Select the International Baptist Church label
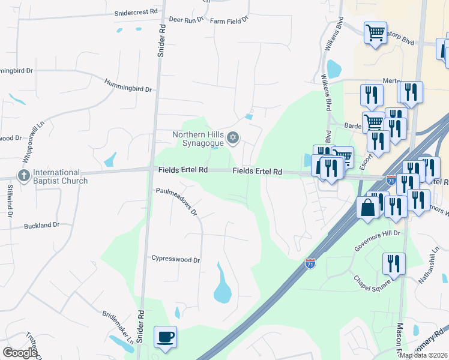click(x=60, y=176)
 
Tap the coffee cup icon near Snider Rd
click(x=165, y=336)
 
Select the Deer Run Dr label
click(x=187, y=20)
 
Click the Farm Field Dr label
click(x=229, y=20)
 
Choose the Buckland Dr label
click(x=42, y=226)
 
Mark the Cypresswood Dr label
click(x=175, y=260)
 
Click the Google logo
click(x=20, y=352)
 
